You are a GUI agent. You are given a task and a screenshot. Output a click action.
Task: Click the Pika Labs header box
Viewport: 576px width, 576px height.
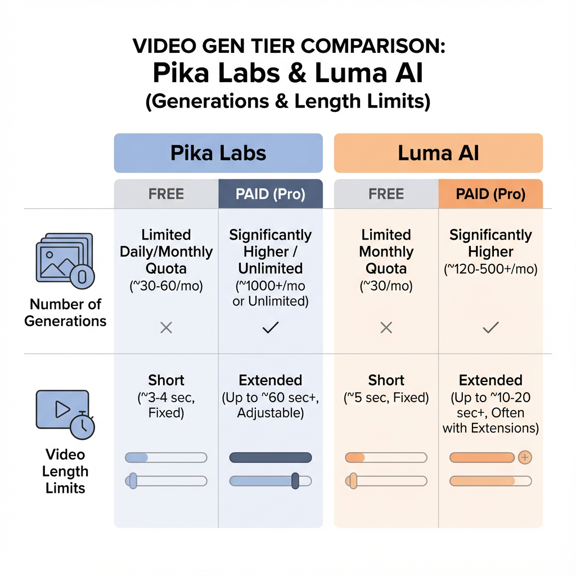(x=218, y=153)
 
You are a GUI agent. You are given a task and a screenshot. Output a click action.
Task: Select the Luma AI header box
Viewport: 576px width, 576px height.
(x=438, y=153)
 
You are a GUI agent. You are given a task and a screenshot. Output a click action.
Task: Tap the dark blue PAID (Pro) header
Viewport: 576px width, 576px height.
(x=271, y=194)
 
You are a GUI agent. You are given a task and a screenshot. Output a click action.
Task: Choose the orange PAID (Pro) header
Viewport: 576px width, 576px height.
(x=490, y=194)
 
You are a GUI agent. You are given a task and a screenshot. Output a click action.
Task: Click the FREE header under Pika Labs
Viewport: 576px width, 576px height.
(x=166, y=194)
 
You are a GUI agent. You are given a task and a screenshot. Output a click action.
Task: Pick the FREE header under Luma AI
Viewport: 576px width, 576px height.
(x=386, y=194)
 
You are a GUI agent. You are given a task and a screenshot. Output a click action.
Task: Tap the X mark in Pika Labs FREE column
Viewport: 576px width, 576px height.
(x=166, y=327)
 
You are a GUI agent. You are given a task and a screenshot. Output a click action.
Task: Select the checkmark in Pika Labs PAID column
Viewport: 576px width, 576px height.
(x=271, y=327)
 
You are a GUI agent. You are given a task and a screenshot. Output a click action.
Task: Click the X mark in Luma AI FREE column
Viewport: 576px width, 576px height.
(x=386, y=327)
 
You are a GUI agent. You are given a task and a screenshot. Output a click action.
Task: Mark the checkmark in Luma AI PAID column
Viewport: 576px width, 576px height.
(x=490, y=327)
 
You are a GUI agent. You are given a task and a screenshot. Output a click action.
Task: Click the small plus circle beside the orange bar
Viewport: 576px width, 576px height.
(x=525, y=457)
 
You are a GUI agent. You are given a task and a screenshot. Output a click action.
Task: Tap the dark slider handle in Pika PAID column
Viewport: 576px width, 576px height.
(x=295, y=481)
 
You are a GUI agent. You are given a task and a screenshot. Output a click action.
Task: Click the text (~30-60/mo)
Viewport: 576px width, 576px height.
(x=166, y=286)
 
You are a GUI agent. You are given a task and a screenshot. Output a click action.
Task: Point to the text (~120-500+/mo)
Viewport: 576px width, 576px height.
(x=490, y=269)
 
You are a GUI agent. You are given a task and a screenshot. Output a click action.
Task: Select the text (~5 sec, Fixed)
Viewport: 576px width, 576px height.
(x=386, y=398)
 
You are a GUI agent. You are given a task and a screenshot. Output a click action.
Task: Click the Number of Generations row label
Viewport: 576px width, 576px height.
(x=65, y=313)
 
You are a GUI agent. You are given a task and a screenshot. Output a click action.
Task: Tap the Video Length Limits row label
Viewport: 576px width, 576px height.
(x=65, y=471)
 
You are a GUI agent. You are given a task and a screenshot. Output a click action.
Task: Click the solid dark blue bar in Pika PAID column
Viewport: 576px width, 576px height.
(x=271, y=457)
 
